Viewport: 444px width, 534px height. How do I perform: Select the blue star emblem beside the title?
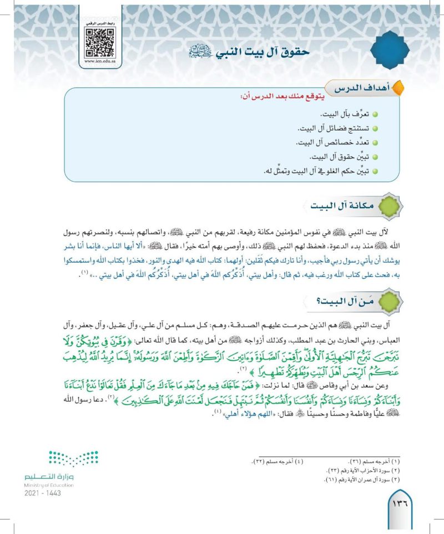390,51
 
